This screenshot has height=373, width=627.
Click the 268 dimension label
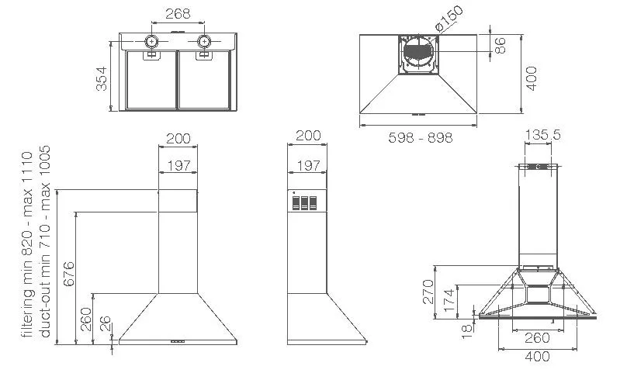click(x=178, y=14)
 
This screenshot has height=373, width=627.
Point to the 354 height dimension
click(x=102, y=79)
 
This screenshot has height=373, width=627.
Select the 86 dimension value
click(x=500, y=45)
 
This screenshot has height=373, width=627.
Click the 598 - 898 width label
click(x=421, y=137)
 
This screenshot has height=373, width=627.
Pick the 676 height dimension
click(x=69, y=274)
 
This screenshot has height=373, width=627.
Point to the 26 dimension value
click(x=105, y=324)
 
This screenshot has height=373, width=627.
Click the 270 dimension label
click(x=428, y=292)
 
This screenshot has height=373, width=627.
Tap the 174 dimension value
click(x=449, y=301)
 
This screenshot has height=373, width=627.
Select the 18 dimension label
click(x=467, y=332)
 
